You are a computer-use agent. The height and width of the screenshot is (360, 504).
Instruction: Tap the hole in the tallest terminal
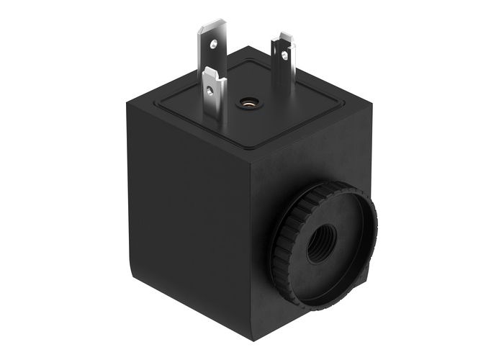point(214,45)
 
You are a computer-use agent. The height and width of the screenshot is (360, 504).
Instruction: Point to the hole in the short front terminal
point(210,90)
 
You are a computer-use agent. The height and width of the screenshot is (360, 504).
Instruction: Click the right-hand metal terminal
point(283,61)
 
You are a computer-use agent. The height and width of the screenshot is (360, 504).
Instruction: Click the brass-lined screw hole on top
point(248,103)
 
